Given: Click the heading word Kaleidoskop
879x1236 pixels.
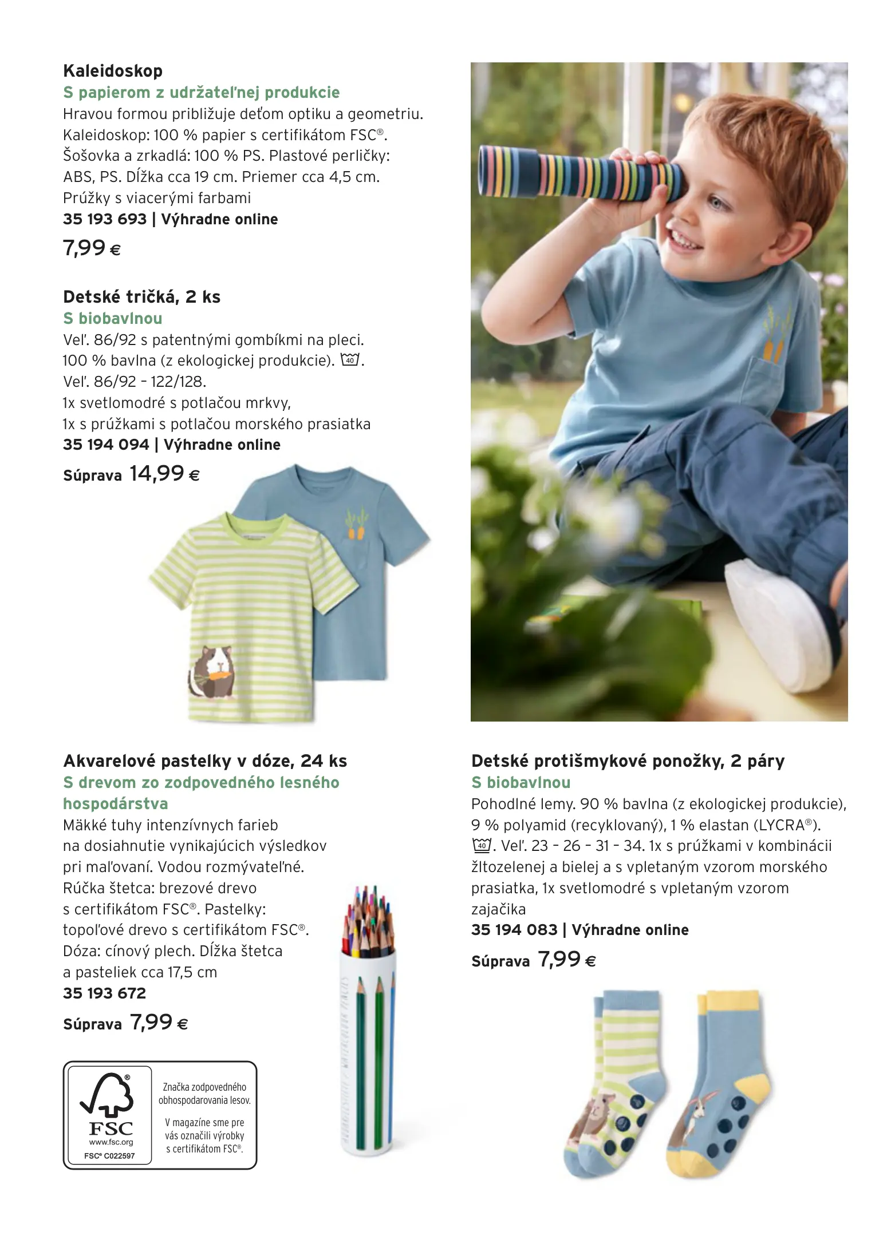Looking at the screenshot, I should pyautogui.click(x=113, y=71).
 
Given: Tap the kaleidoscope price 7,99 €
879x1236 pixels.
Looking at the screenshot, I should pyautogui.click(x=92, y=248).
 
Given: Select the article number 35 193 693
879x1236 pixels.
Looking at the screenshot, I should pyautogui.click(x=105, y=219).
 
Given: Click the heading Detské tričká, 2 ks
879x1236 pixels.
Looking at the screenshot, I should pyautogui.click(x=141, y=297).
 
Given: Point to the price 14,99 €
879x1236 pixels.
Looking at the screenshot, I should pyautogui.click(x=164, y=474).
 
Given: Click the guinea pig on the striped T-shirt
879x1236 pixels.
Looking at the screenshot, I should pyautogui.click(x=212, y=672).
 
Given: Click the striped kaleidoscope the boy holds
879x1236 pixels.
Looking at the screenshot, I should pyautogui.click(x=578, y=175).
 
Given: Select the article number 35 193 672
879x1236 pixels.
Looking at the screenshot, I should pyautogui.click(x=104, y=993).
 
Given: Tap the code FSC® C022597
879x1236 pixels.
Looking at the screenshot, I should pyautogui.click(x=109, y=1155).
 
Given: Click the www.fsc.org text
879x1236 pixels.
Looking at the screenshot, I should pyautogui.click(x=111, y=1142).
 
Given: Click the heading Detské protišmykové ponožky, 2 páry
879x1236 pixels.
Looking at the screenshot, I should pyautogui.click(x=628, y=761).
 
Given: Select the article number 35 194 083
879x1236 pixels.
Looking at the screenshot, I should pyautogui.click(x=514, y=930).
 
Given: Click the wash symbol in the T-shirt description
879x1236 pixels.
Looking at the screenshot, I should pyautogui.click(x=349, y=360).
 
